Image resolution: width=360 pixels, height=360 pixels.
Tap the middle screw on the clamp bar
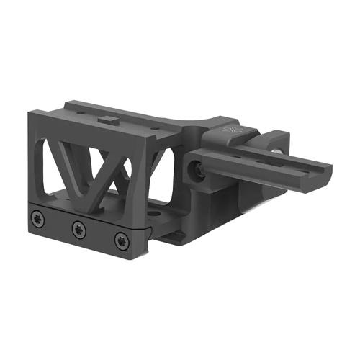[78, 229]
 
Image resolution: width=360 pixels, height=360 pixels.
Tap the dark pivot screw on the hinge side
[196, 168]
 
